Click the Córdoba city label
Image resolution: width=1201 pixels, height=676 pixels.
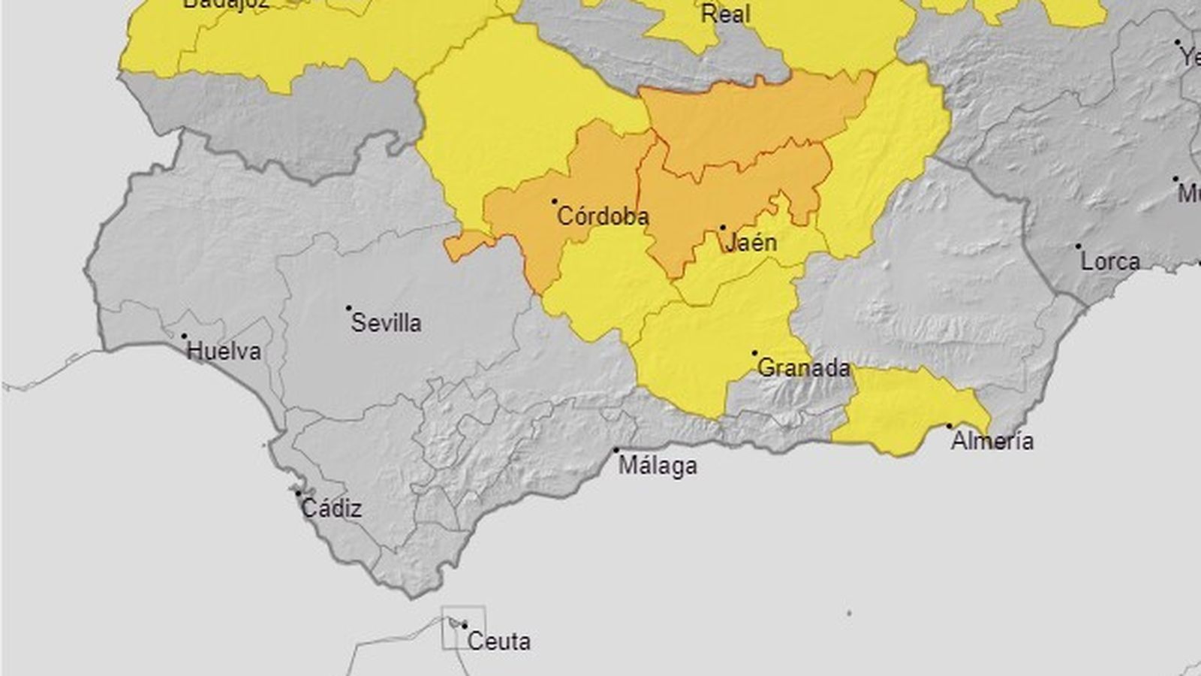[603, 217]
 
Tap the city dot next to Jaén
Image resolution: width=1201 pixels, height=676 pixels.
[723, 227]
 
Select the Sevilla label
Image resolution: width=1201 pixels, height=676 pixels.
[387, 324]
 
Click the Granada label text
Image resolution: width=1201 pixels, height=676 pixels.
[804, 368]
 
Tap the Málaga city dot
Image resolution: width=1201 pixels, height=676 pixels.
[616, 450]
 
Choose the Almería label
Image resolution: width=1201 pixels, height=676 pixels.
[992, 441]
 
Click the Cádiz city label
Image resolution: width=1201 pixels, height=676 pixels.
[331, 509]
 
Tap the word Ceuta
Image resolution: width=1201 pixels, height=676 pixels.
[498, 641]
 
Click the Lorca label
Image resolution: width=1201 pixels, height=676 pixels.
[1110, 262]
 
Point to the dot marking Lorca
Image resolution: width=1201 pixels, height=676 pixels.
[1079, 246]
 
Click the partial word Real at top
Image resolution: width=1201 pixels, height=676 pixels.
[725, 14]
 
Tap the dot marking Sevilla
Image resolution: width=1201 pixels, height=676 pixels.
[349, 308]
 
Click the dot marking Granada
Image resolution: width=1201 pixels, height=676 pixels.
[754, 353]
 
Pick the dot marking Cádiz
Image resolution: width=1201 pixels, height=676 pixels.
[298, 493]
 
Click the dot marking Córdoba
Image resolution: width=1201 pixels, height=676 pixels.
[555, 201]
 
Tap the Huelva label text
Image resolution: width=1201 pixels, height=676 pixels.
[224, 352]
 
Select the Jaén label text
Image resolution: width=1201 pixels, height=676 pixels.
[751, 243]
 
